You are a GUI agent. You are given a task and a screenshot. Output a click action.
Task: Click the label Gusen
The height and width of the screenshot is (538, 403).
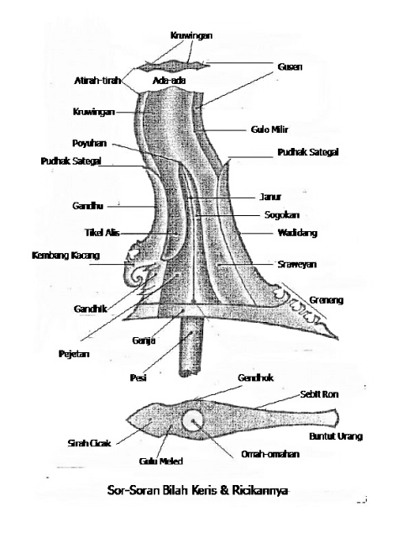(x=290, y=66)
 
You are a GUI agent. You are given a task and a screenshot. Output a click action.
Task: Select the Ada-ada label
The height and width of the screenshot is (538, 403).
(x=168, y=80)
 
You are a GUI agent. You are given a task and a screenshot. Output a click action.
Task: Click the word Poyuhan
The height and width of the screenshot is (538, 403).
(x=87, y=144)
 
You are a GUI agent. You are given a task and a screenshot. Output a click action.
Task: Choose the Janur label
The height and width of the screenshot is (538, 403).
(x=270, y=196)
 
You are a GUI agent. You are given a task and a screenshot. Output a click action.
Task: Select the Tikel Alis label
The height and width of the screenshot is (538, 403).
(x=82, y=232)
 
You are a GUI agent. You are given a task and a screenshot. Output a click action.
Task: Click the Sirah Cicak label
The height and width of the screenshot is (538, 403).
(x=85, y=441)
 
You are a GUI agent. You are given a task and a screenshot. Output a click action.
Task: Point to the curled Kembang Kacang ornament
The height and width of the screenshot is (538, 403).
(x=137, y=267)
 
